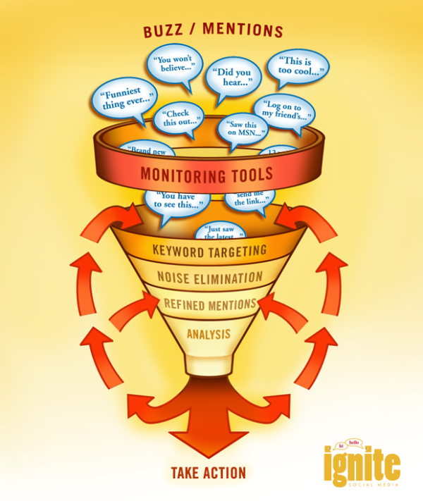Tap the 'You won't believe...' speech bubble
[x=173, y=65]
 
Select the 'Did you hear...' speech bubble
[x=233, y=77]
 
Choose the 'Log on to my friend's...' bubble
[x=284, y=111]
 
